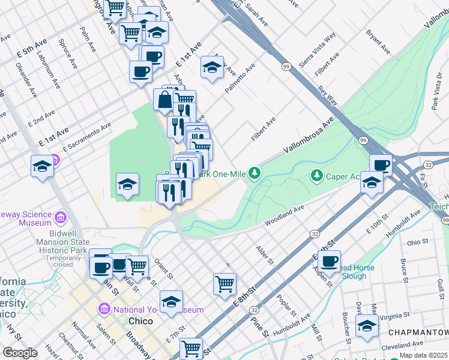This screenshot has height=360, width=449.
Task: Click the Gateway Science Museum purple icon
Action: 61,217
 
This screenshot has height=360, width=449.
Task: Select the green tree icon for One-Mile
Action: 255,173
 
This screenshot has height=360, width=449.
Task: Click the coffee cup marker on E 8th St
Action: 329,260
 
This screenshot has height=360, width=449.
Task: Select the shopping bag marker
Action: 164,100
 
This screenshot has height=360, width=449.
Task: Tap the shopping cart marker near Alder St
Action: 224,283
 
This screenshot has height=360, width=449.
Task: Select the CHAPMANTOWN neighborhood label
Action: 418,333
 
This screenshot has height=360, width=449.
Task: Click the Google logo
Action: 20,353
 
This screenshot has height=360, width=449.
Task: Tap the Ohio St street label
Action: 416,243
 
